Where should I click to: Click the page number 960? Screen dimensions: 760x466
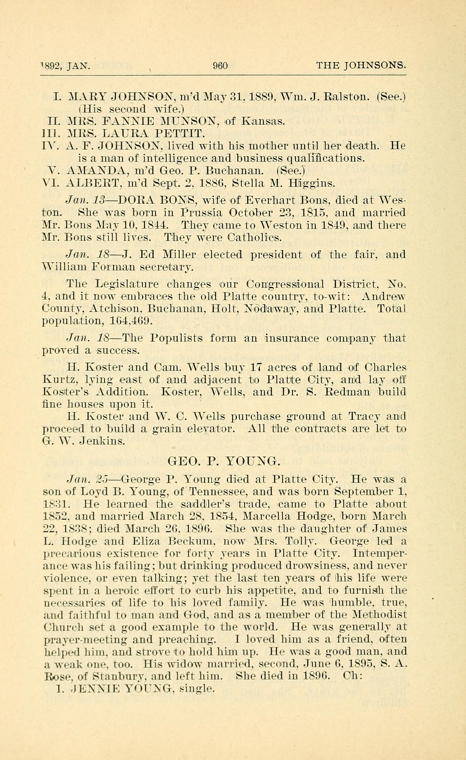pyautogui.click(x=220, y=66)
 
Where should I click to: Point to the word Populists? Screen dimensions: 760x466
pyautogui.click(x=177, y=338)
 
